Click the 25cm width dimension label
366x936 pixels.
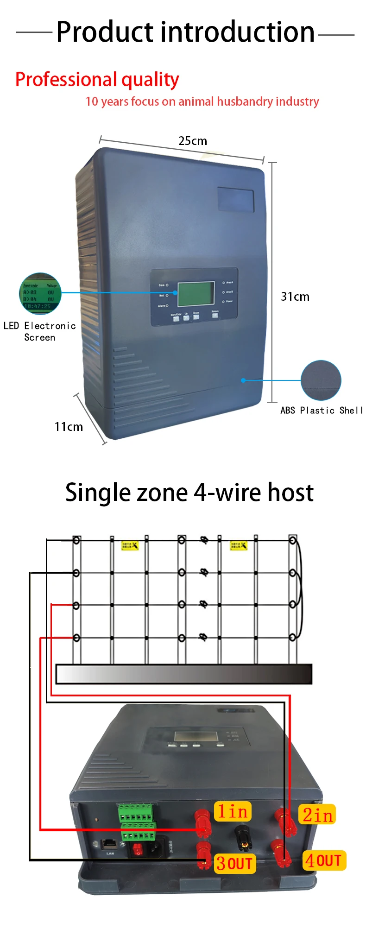[193, 141]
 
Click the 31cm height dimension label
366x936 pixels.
[295, 297]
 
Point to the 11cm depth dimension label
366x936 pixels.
[69, 427]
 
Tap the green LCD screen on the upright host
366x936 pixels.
[196, 294]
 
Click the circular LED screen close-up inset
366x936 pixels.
[40, 294]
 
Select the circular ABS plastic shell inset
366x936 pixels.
[321, 380]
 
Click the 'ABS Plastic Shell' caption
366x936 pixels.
[322, 410]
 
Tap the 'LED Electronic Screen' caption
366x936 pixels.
[40, 331]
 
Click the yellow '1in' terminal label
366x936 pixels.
[233, 811]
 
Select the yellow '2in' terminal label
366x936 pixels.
[317, 815]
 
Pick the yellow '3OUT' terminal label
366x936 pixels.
[235, 864]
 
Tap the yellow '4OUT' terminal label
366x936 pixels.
[324, 860]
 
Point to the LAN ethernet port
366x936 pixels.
[108, 844]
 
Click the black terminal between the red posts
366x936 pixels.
[241, 835]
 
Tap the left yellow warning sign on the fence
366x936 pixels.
[130, 545]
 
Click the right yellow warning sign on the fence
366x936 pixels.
[239, 545]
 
